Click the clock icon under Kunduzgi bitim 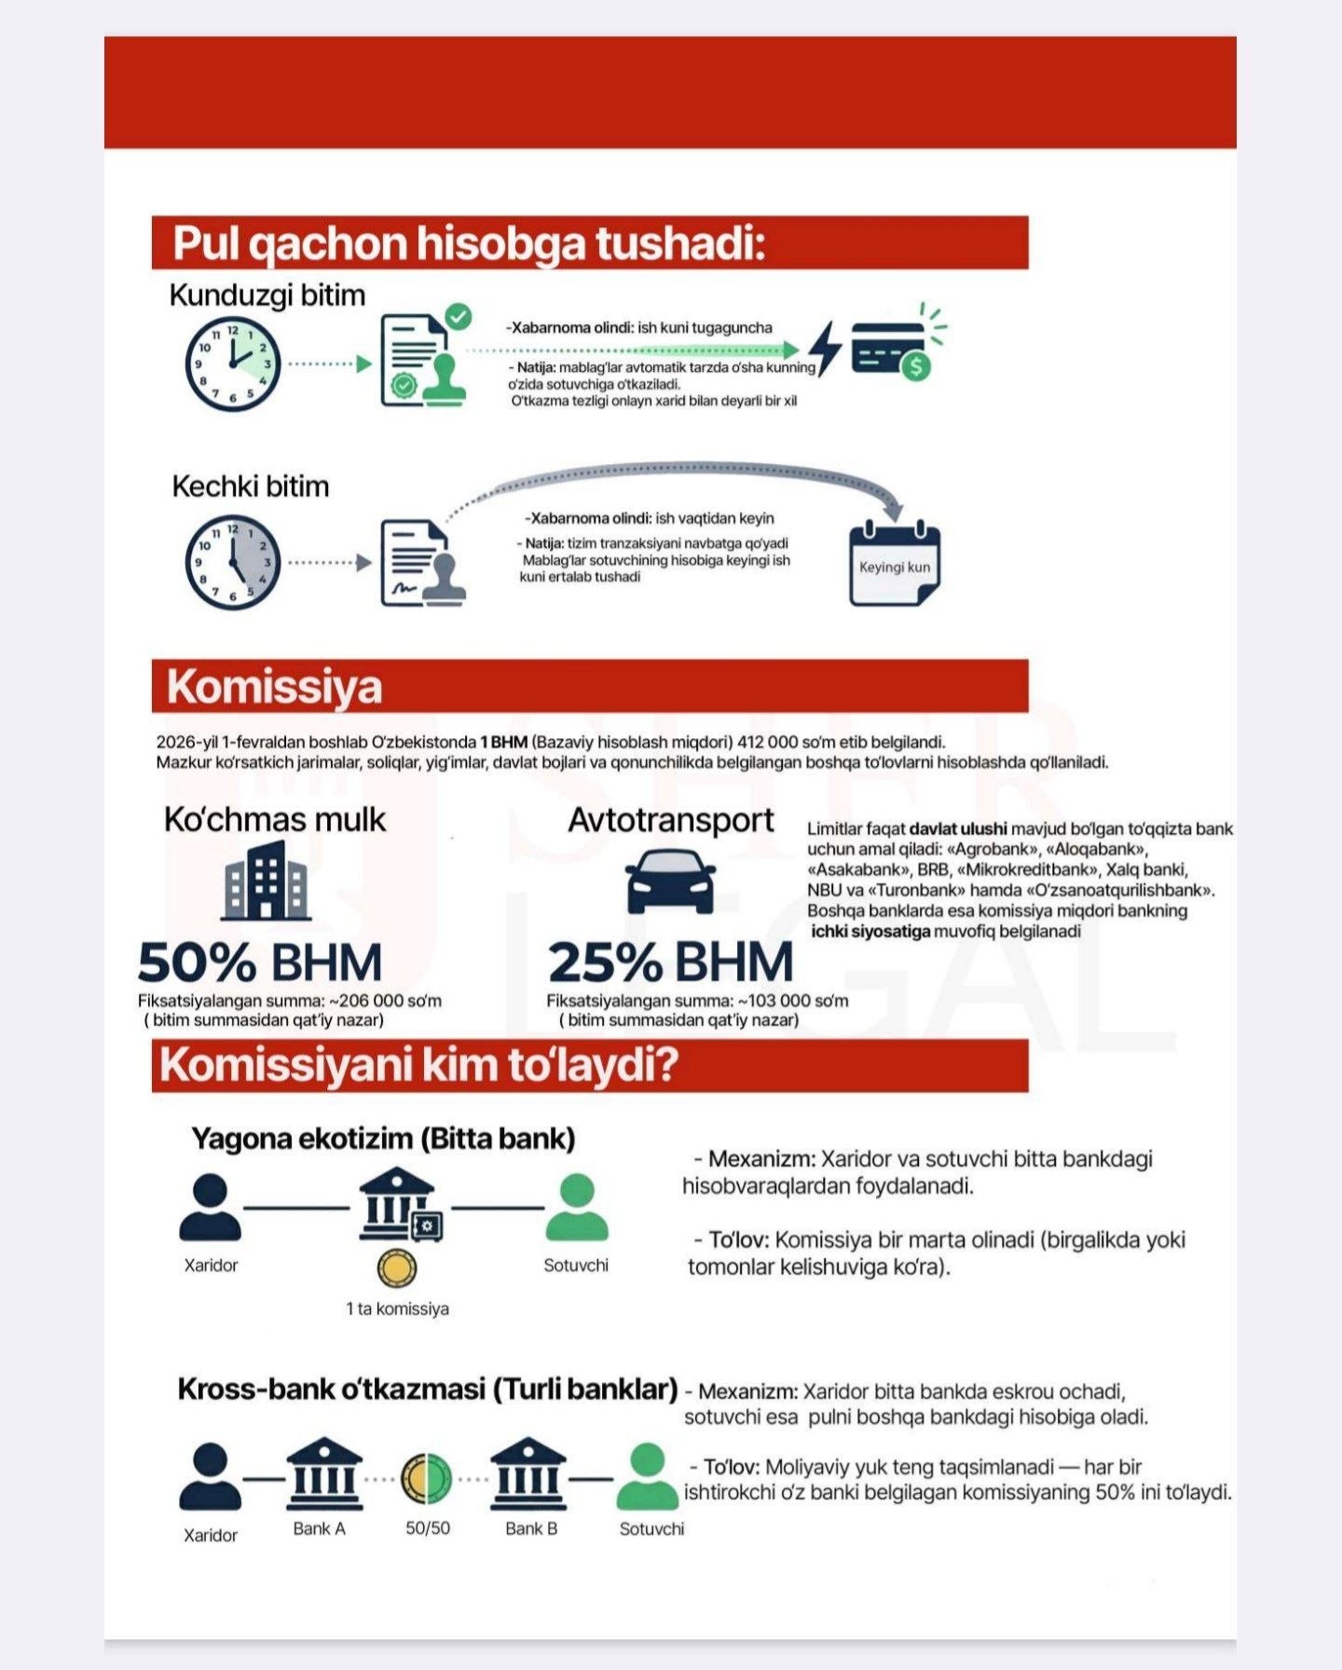(232, 364)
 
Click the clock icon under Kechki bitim (232, 563)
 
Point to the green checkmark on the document (458, 317)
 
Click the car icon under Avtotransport (670, 881)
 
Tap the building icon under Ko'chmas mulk (266, 880)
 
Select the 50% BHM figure (260, 963)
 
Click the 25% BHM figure (670, 963)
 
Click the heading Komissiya (275, 687)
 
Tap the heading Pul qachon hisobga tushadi (469, 243)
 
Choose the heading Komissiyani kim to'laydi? (418, 1065)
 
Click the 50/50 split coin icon (427, 1479)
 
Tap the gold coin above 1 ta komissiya (397, 1268)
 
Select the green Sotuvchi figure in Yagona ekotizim (576, 1208)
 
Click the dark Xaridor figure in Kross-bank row (210, 1478)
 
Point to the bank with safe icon (400, 1207)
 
